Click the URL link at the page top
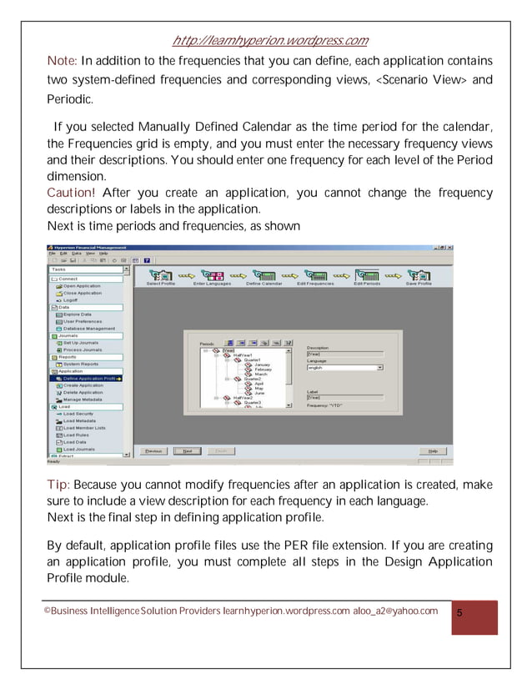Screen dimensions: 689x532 pos(269,41)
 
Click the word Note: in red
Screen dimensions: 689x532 pos(62,61)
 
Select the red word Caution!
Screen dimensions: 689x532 pos(71,193)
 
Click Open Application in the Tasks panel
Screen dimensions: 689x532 pos(82,285)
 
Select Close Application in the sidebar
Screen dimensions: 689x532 pos(82,293)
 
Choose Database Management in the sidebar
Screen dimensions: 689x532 pos(88,329)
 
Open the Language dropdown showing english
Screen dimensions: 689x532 pos(344,367)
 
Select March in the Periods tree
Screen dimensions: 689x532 pos(261,375)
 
